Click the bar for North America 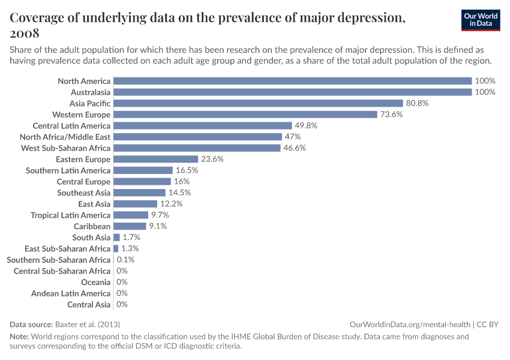pos(292,81)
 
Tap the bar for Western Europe pos(245,115)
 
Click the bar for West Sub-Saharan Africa pos(197,148)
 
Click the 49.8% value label pos(306,125)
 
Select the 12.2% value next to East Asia pos(171,204)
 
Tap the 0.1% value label pos(125,260)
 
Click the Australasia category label pos(91,92)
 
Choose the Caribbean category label pos(92,226)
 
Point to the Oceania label pos(95,282)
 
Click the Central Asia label pos(89,304)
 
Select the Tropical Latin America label pos(71,215)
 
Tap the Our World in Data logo pos(481,20)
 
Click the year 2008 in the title pos(25,33)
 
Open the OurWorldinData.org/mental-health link pos(410,324)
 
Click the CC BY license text pos(488,324)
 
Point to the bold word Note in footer pos(19,337)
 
